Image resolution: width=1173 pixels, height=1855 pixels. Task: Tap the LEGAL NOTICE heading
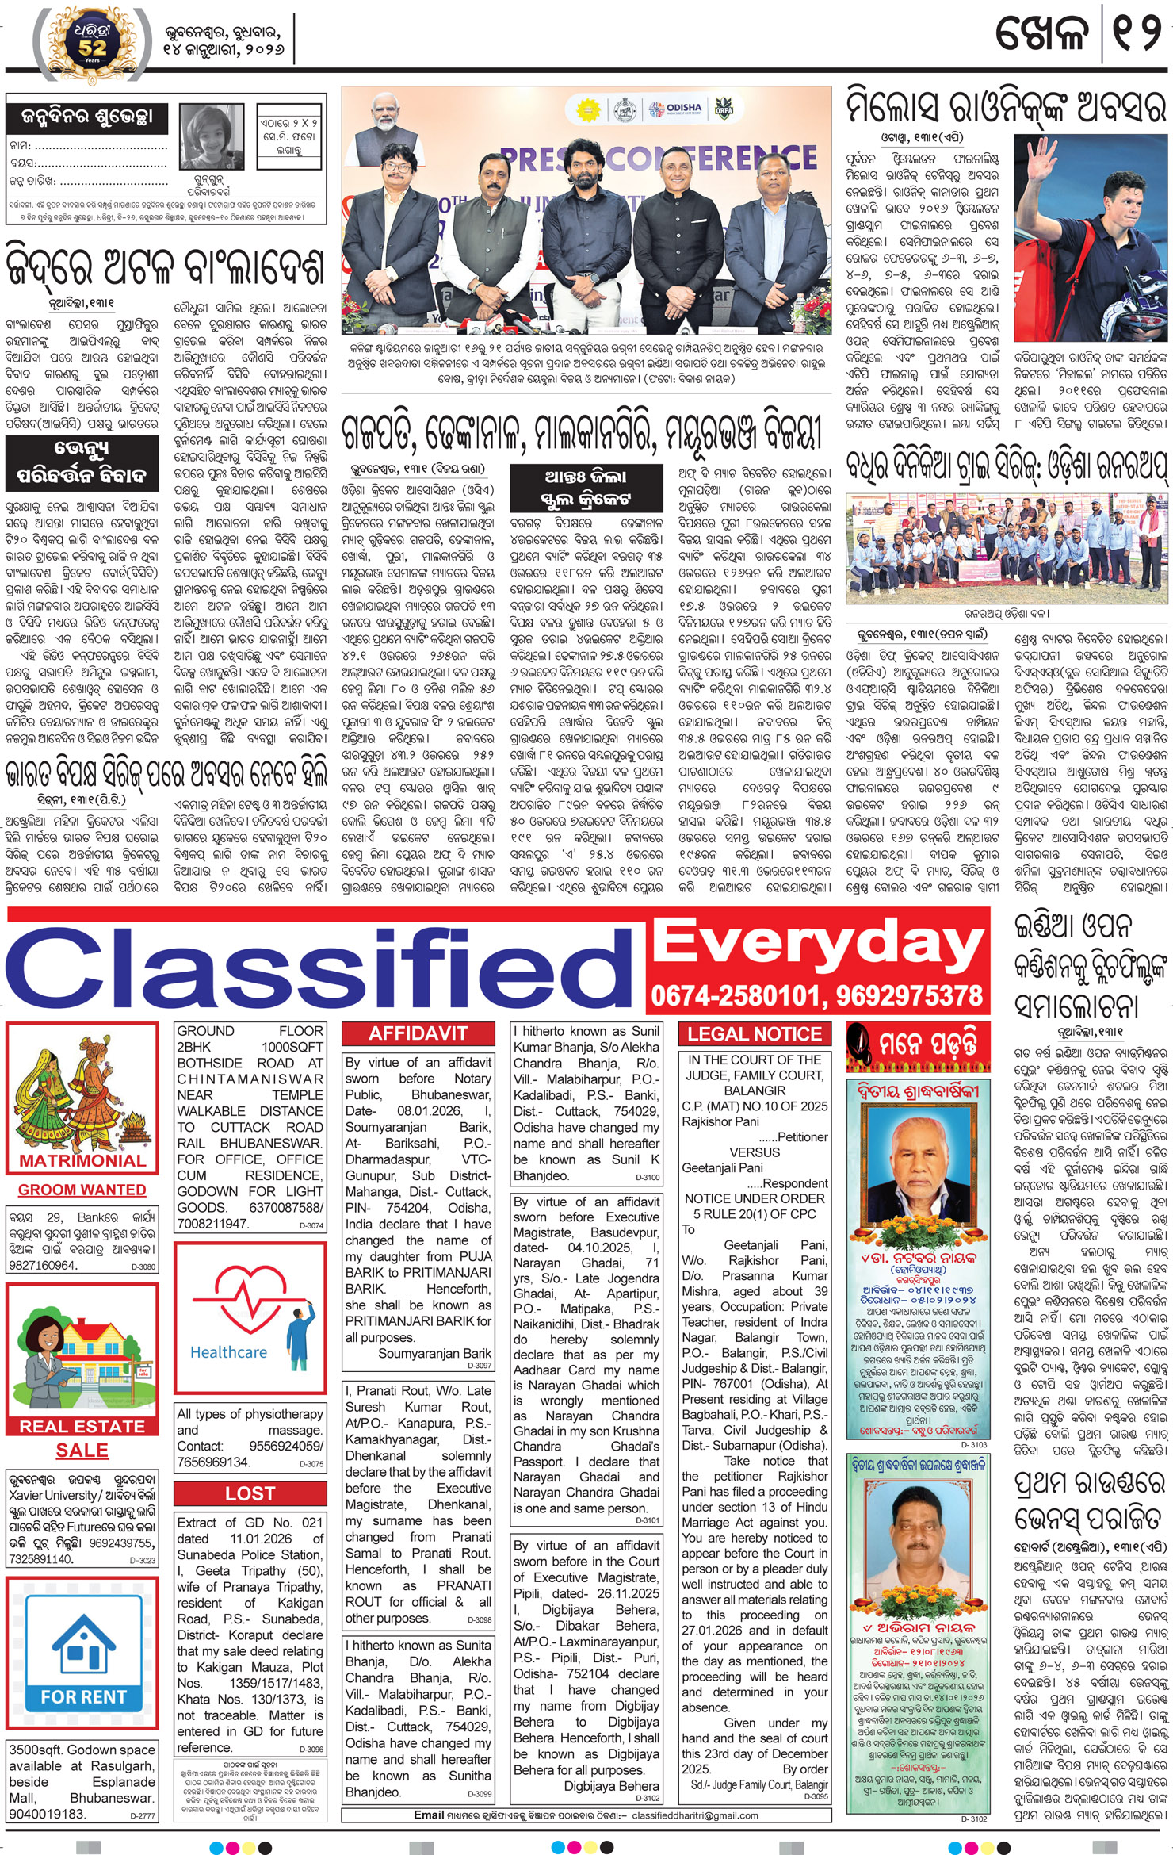pyautogui.click(x=754, y=1033)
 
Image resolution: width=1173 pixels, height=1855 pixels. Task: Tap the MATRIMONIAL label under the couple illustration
pyautogui.click(x=82, y=1160)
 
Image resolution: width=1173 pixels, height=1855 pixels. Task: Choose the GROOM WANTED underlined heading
pyautogui.click(x=82, y=1190)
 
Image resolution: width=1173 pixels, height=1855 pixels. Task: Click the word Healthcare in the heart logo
pyautogui.click(x=228, y=1352)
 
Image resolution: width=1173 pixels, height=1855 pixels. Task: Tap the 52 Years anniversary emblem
pyautogui.click(x=92, y=43)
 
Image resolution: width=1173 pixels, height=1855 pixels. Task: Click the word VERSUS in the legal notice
pyautogui.click(x=754, y=1152)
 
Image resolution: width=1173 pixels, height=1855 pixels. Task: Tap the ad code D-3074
pyautogui.click(x=311, y=1225)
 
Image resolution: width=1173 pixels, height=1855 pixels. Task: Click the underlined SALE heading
pyautogui.click(x=82, y=1450)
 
